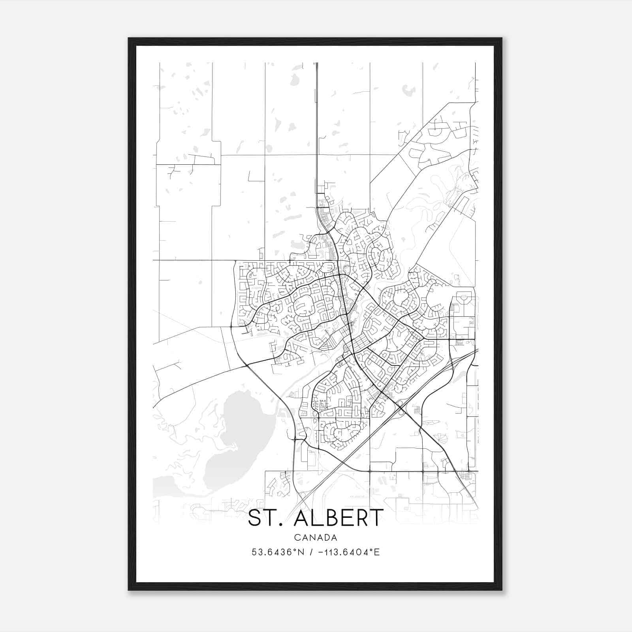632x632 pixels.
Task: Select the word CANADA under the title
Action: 316,538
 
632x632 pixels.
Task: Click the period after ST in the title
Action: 281,525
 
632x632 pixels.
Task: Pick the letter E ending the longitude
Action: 377,552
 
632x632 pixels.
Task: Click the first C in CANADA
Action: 296,538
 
